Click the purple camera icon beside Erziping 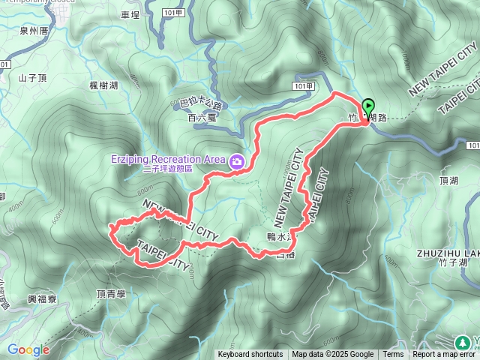point(237,160)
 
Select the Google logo point(28,349)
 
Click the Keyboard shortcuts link point(250,355)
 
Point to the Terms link point(393,355)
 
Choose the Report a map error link point(444,355)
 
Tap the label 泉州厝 point(34,31)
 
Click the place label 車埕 point(130,14)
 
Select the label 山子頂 point(32,78)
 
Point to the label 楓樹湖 point(103,86)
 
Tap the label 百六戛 point(202,117)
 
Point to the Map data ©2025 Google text point(332,355)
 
